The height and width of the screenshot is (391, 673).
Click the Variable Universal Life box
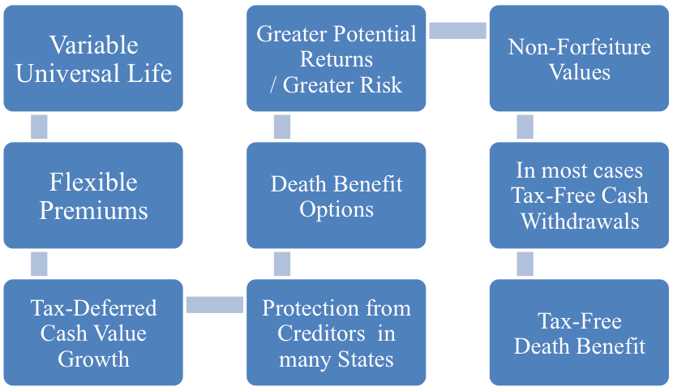(93, 58)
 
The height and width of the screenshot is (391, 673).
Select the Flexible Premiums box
(93, 195)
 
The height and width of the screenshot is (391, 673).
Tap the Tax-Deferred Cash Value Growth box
(93, 333)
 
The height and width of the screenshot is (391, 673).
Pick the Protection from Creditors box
(336, 333)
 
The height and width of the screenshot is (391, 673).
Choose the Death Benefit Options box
(336, 195)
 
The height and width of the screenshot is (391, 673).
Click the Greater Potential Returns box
(336, 58)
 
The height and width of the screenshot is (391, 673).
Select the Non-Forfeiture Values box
(579, 58)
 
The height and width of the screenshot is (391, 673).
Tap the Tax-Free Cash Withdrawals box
(579, 195)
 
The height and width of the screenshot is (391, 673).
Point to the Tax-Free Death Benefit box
(579, 333)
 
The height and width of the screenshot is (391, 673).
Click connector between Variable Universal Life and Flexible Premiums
(39, 127)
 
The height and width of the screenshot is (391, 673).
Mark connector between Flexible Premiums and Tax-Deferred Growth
(39, 264)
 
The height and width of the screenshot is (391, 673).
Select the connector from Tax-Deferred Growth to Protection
(215, 304)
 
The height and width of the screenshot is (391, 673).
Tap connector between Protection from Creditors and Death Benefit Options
(282, 264)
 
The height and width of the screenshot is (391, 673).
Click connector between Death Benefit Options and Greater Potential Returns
(282, 127)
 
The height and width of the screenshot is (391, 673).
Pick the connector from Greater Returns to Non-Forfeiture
(457, 30)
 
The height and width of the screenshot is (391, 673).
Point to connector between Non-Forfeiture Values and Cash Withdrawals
(525, 127)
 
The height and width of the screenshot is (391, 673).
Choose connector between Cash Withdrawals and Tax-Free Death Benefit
(525, 264)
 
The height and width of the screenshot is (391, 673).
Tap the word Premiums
(93, 210)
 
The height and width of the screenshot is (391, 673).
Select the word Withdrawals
(579, 221)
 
